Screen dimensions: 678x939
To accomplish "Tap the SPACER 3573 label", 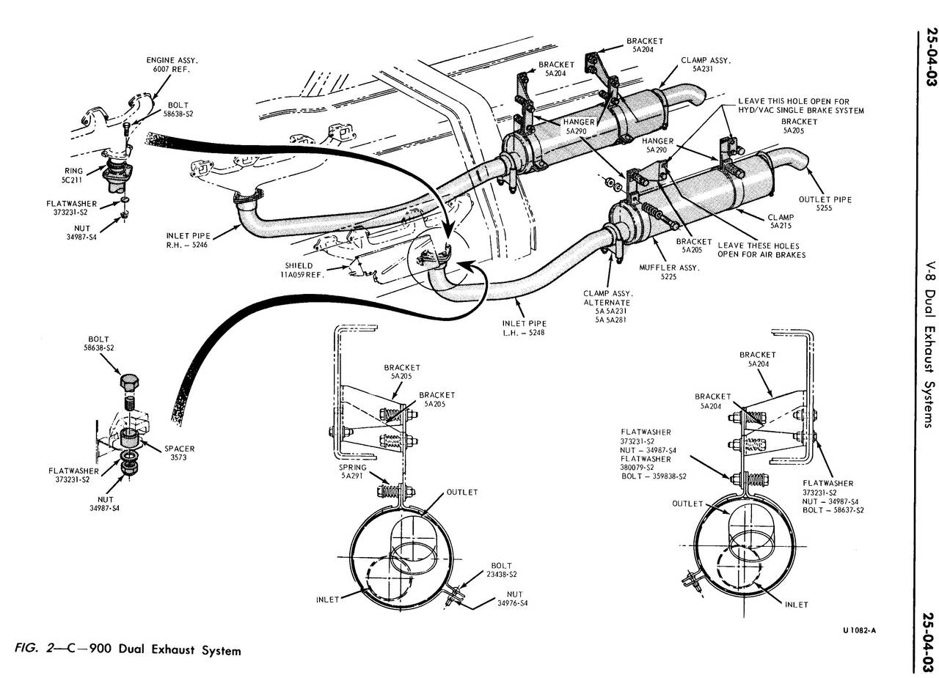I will (x=179, y=453).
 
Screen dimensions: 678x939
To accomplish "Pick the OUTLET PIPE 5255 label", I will (x=825, y=204).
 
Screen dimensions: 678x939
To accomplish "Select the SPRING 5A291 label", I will (x=353, y=471).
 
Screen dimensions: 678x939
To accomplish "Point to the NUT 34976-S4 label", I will (x=512, y=598).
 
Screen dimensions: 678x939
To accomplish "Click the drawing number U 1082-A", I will (x=859, y=630).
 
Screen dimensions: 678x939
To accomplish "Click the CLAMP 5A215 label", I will (x=781, y=222).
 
